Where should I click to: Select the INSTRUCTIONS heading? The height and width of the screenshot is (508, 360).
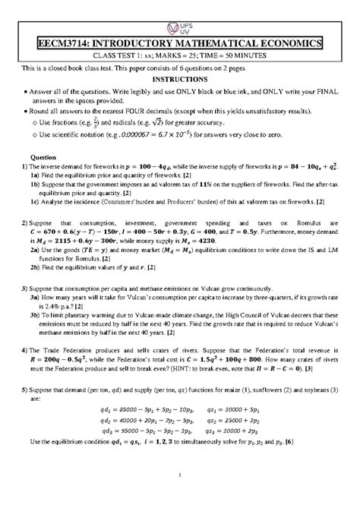tap(179, 79)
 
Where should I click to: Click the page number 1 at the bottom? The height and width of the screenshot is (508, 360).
tap(179, 497)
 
